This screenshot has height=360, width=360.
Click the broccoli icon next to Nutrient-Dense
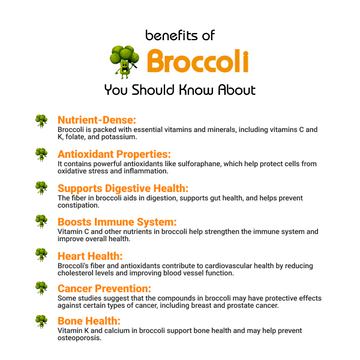pos(41,121)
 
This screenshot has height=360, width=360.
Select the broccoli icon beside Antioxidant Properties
pos(41,155)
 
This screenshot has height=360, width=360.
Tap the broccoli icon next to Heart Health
pos(41,255)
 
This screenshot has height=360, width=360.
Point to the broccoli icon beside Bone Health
pos(41,321)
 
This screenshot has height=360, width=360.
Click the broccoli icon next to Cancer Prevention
pos(41,288)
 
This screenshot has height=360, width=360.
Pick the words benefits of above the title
pos(179,34)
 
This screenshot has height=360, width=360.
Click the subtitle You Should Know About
pos(180,90)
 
